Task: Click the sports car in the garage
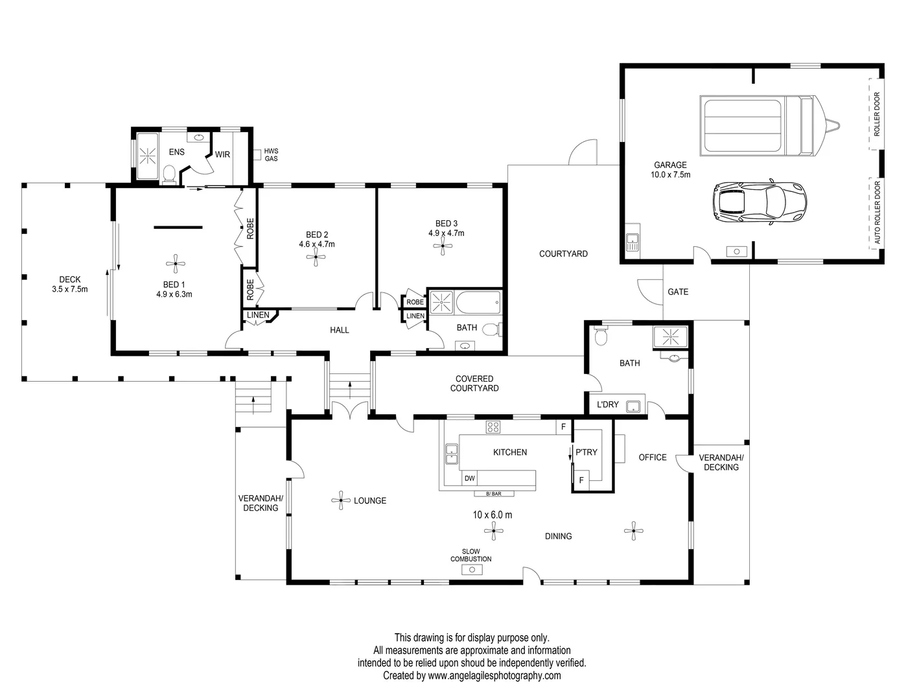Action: [x=760, y=200]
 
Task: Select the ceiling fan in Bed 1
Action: [x=175, y=263]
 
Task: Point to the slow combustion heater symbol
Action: [x=472, y=570]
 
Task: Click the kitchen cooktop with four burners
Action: [x=493, y=427]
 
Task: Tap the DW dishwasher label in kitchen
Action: [x=470, y=479]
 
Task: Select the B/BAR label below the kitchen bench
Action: [x=493, y=494]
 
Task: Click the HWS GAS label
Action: [x=271, y=155]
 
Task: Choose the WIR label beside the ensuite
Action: [x=222, y=154]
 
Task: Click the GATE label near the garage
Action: [x=678, y=292]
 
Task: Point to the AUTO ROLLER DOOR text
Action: [x=877, y=213]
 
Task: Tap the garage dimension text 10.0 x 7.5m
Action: [x=670, y=175]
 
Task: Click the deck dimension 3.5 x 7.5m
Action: [x=70, y=289]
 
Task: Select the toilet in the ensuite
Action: [x=170, y=174]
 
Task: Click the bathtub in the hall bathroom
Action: [x=478, y=302]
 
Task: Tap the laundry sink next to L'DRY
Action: [x=634, y=406]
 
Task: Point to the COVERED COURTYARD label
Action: [x=474, y=384]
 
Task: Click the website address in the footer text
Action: [x=494, y=675]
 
